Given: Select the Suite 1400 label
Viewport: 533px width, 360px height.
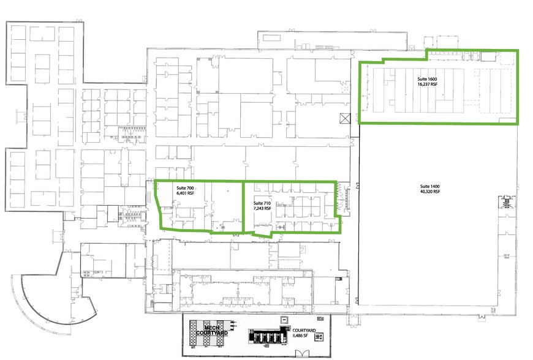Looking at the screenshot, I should click(x=429, y=186).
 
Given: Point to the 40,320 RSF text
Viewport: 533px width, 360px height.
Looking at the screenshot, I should click(x=429, y=192).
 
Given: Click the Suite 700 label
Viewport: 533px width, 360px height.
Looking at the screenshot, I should click(x=185, y=188).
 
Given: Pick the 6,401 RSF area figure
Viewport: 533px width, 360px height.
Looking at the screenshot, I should click(x=185, y=193).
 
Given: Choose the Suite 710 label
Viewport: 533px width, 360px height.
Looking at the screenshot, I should click(x=262, y=203).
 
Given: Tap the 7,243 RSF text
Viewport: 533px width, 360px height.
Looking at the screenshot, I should click(x=262, y=209).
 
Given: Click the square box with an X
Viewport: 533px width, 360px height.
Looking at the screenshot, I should click(x=345, y=118).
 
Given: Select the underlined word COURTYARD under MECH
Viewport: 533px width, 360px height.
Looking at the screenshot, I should click(x=212, y=333).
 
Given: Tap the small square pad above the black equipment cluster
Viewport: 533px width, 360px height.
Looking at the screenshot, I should click(x=284, y=318).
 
